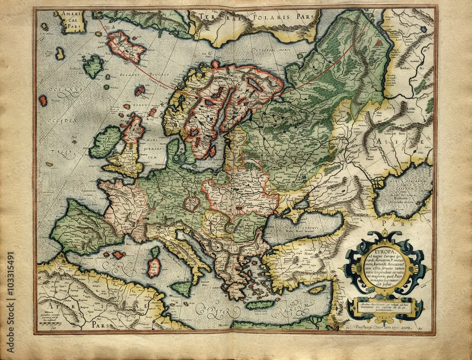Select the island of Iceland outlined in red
pyautogui.click(x=125, y=47)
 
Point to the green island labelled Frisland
pyautogui.click(x=94, y=66)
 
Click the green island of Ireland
pyautogui.click(x=105, y=142)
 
